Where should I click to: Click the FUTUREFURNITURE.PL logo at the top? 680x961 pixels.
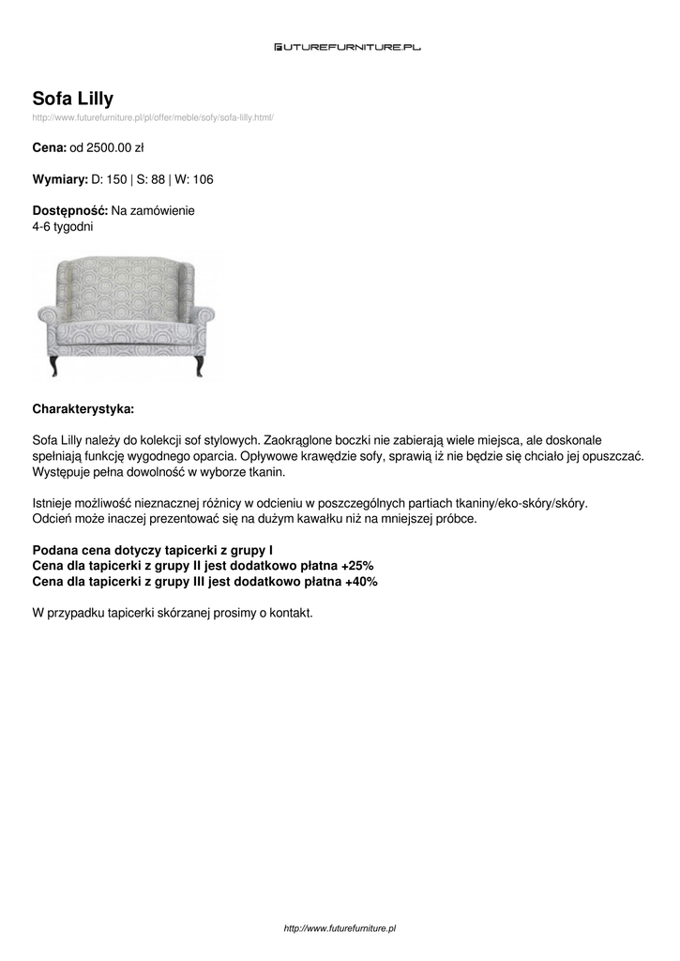[347, 46]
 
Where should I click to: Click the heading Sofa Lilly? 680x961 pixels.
[73, 99]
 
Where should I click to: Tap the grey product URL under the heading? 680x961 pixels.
[153, 117]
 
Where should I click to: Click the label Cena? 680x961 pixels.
[49, 147]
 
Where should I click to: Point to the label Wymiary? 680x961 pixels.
[60, 178]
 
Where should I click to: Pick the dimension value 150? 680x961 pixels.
[116, 178]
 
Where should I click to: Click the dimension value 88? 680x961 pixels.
[158, 178]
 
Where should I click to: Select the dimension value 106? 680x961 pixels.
[204, 178]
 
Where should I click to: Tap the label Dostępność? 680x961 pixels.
[70, 211]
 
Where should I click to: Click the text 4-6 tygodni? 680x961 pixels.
[63, 226]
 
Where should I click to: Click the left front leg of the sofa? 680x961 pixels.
[54, 364]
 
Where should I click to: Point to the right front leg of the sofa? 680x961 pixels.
[198, 364]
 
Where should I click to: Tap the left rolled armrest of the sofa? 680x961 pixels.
[49, 313]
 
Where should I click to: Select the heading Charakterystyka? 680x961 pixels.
[83, 409]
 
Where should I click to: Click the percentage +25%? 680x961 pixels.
[357, 566]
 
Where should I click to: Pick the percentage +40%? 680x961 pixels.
[361, 582]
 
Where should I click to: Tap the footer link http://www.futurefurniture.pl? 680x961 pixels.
[340, 928]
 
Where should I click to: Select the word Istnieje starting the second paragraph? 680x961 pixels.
[53, 503]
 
